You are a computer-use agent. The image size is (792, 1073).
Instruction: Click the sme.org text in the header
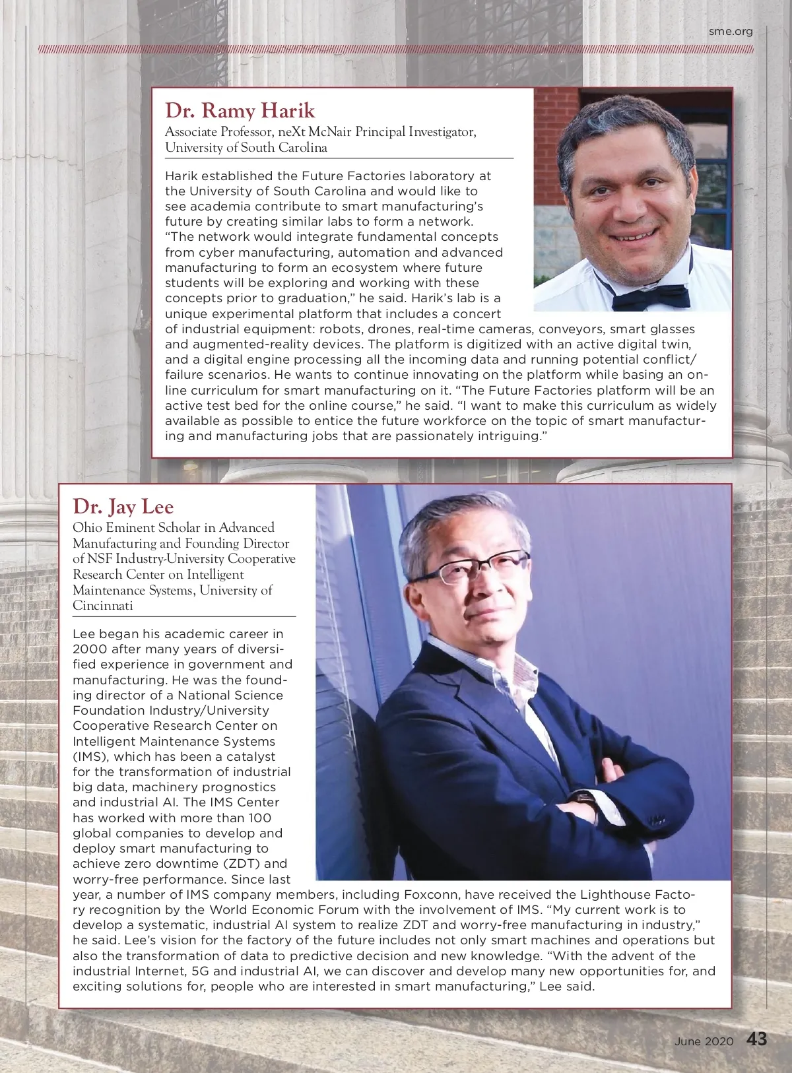[731, 31]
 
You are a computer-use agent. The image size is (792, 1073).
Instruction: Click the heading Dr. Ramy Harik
[240, 110]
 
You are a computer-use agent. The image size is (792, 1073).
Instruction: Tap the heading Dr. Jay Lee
[123, 506]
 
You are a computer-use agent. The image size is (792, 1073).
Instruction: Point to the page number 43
[757, 1040]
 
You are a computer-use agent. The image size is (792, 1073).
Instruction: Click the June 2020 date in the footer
[704, 1041]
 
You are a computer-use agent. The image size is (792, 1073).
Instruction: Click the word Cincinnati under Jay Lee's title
[103, 605]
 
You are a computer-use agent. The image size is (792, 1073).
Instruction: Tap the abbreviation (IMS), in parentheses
[91, 756]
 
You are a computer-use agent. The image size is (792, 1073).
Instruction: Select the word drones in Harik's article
[389, 329]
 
